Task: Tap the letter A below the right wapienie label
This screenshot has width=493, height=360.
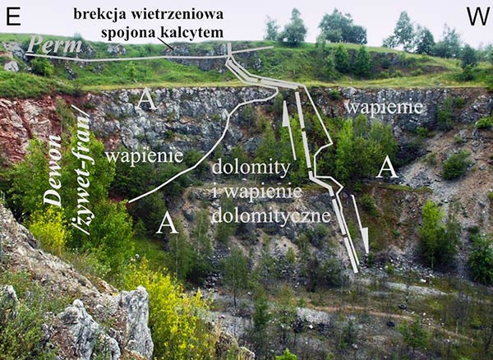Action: pyautogui.click(x=387, y=168)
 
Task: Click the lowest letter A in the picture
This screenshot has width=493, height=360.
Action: pyautogui.click(x=168, y=222)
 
